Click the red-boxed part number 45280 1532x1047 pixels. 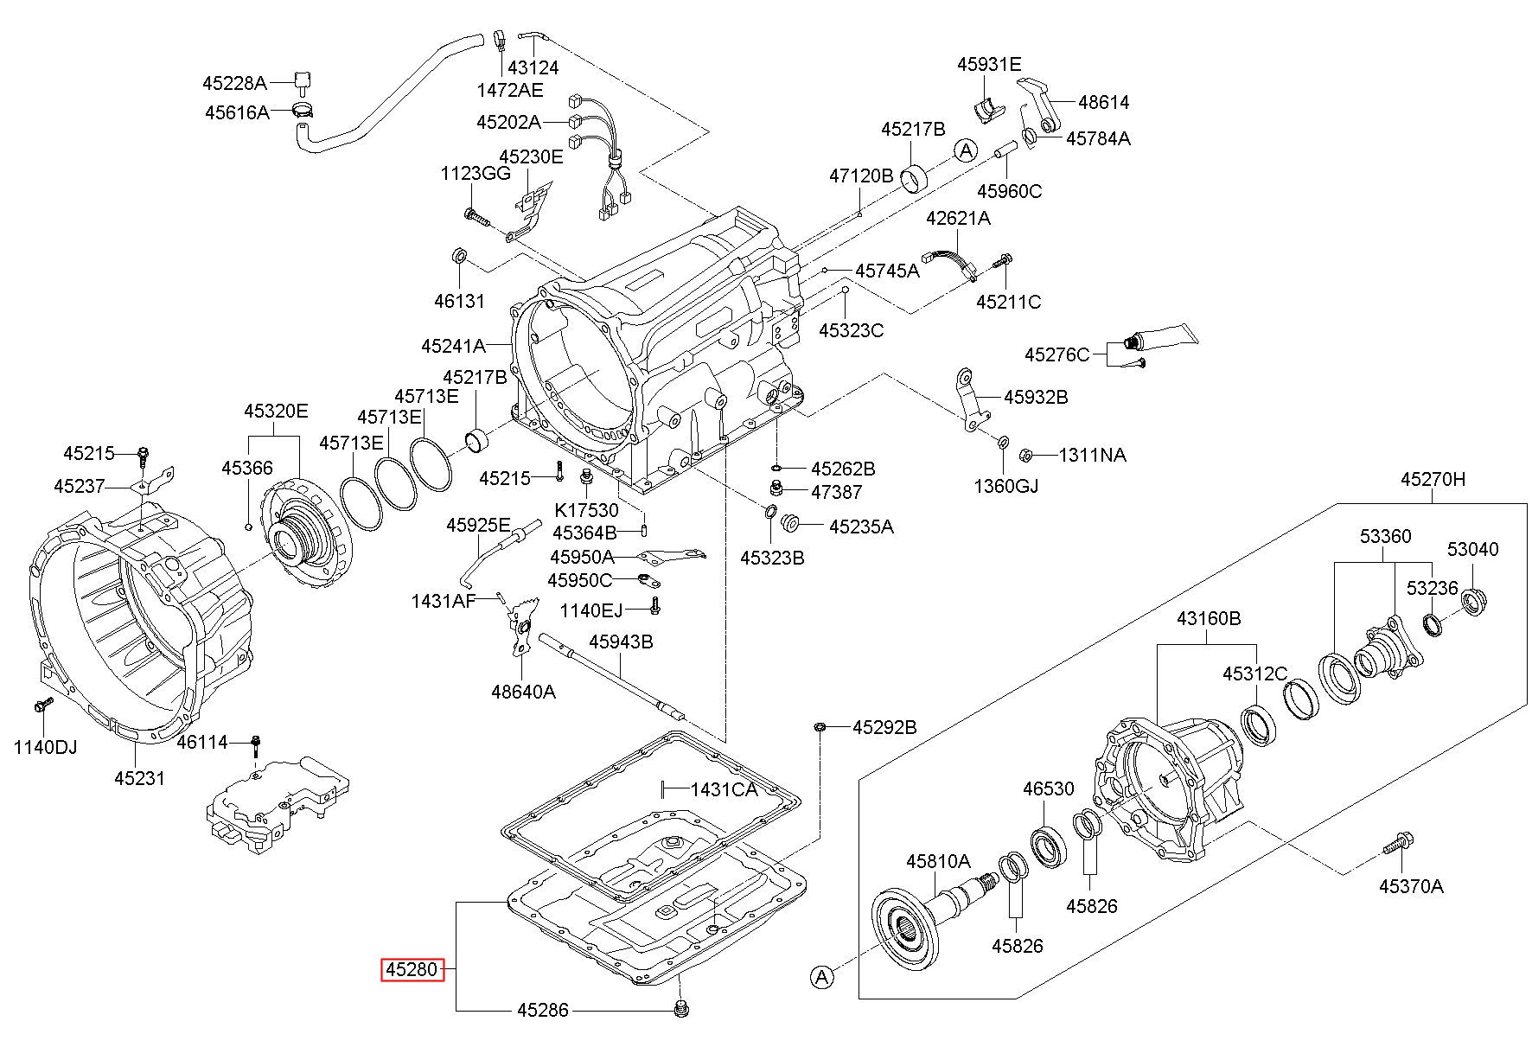413,970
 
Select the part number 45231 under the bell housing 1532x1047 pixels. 139,778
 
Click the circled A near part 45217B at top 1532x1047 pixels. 966,150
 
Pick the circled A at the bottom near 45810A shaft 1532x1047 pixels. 821,977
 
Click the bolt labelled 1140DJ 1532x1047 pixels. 39,705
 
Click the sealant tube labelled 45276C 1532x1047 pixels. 1163,336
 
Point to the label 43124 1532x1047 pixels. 533,67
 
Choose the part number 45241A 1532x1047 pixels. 453,346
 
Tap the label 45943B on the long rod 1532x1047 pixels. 621,642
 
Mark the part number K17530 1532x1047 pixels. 586,510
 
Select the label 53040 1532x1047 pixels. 1473,549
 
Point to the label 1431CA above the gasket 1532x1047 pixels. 724,788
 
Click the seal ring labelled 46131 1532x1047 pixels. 460,257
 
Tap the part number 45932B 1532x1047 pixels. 1036,397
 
